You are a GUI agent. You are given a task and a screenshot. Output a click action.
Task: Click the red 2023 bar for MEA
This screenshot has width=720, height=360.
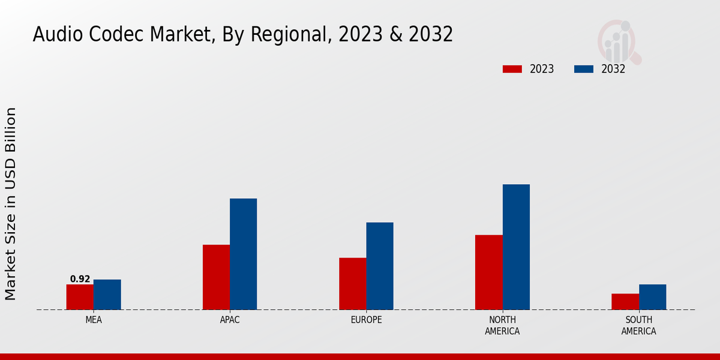80,297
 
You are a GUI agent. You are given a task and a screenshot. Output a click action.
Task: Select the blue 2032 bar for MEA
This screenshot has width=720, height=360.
107,295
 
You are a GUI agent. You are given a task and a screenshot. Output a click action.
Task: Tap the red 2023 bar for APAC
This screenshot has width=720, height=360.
216,277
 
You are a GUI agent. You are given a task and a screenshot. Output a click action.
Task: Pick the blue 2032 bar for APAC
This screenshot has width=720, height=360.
243,254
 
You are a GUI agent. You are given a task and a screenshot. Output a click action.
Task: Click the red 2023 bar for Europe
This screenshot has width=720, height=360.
352,284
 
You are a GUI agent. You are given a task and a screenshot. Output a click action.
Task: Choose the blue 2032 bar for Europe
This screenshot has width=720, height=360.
380,266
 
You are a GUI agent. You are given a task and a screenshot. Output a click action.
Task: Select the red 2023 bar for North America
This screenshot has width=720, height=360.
488,272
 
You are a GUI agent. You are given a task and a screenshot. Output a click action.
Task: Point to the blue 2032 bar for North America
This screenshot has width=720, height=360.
516,247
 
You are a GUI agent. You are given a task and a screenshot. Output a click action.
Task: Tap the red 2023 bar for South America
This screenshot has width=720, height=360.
625,302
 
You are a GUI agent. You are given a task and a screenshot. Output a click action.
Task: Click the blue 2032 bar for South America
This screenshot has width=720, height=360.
652,297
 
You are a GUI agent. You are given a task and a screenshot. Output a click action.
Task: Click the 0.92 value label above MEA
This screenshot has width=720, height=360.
80,279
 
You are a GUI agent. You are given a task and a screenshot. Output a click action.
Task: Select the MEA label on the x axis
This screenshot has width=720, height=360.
94,320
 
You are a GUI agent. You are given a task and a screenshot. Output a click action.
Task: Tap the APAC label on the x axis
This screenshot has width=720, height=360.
230,320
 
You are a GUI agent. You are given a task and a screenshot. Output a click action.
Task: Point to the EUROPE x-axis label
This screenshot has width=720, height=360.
366,320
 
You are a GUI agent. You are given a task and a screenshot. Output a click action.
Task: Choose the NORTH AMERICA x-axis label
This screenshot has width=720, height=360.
502,325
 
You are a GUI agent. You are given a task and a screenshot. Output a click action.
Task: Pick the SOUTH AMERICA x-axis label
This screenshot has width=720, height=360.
638,325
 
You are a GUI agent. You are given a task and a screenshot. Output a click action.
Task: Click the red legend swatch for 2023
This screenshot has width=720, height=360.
512,69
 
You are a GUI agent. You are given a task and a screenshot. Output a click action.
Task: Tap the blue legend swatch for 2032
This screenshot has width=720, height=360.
583,69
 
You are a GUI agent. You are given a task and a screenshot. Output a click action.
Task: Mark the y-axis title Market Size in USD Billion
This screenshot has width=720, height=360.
11,204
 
